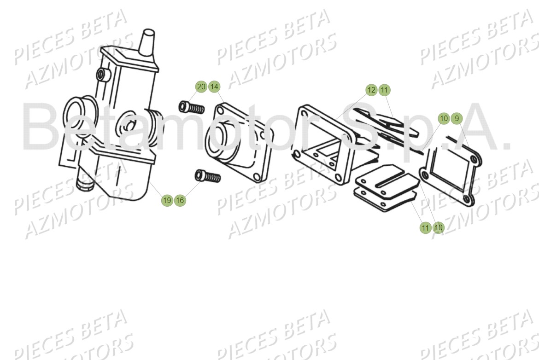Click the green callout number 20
[201, 87]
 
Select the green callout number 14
[214, 87]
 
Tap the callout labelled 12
[372, 90]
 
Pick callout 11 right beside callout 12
[385, 90]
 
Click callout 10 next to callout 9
[444, 119]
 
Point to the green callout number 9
[457, 119]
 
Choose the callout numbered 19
[167, 200]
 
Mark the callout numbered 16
[180, 200]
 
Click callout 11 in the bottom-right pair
[425, 227]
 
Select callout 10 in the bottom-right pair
[438, 227]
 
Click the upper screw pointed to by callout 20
[191, 108]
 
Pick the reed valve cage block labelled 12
[322, 138]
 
